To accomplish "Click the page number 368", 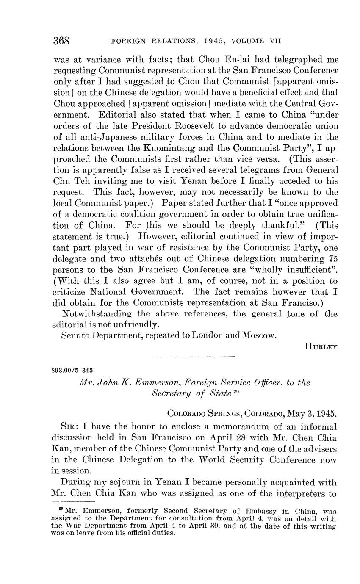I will coord(61,41).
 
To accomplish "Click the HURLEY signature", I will coord(321,346).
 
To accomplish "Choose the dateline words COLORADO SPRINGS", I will coord(204,413).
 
